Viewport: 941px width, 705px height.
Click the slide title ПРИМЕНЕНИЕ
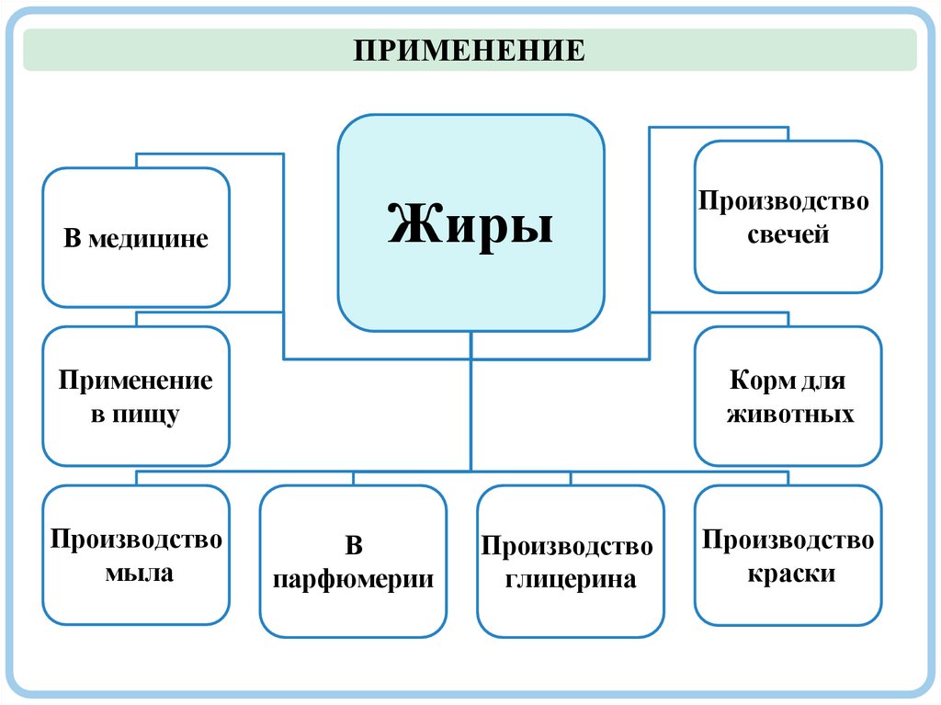coord(470,50)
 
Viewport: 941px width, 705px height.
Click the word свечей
coord(788,234)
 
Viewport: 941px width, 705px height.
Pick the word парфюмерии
coord(354,580)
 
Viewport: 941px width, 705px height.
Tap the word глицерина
coord(570,580)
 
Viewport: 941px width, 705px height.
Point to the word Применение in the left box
coord(136,381)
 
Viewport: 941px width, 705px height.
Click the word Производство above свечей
coord(783,200)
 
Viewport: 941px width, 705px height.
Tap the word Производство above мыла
coord(136,539)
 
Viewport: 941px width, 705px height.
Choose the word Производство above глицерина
coord(567,547)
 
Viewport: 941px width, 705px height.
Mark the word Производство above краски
coord(788,540)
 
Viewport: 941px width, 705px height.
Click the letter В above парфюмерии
coord(354,547)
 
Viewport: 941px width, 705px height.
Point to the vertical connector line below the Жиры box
coord(471,400)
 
